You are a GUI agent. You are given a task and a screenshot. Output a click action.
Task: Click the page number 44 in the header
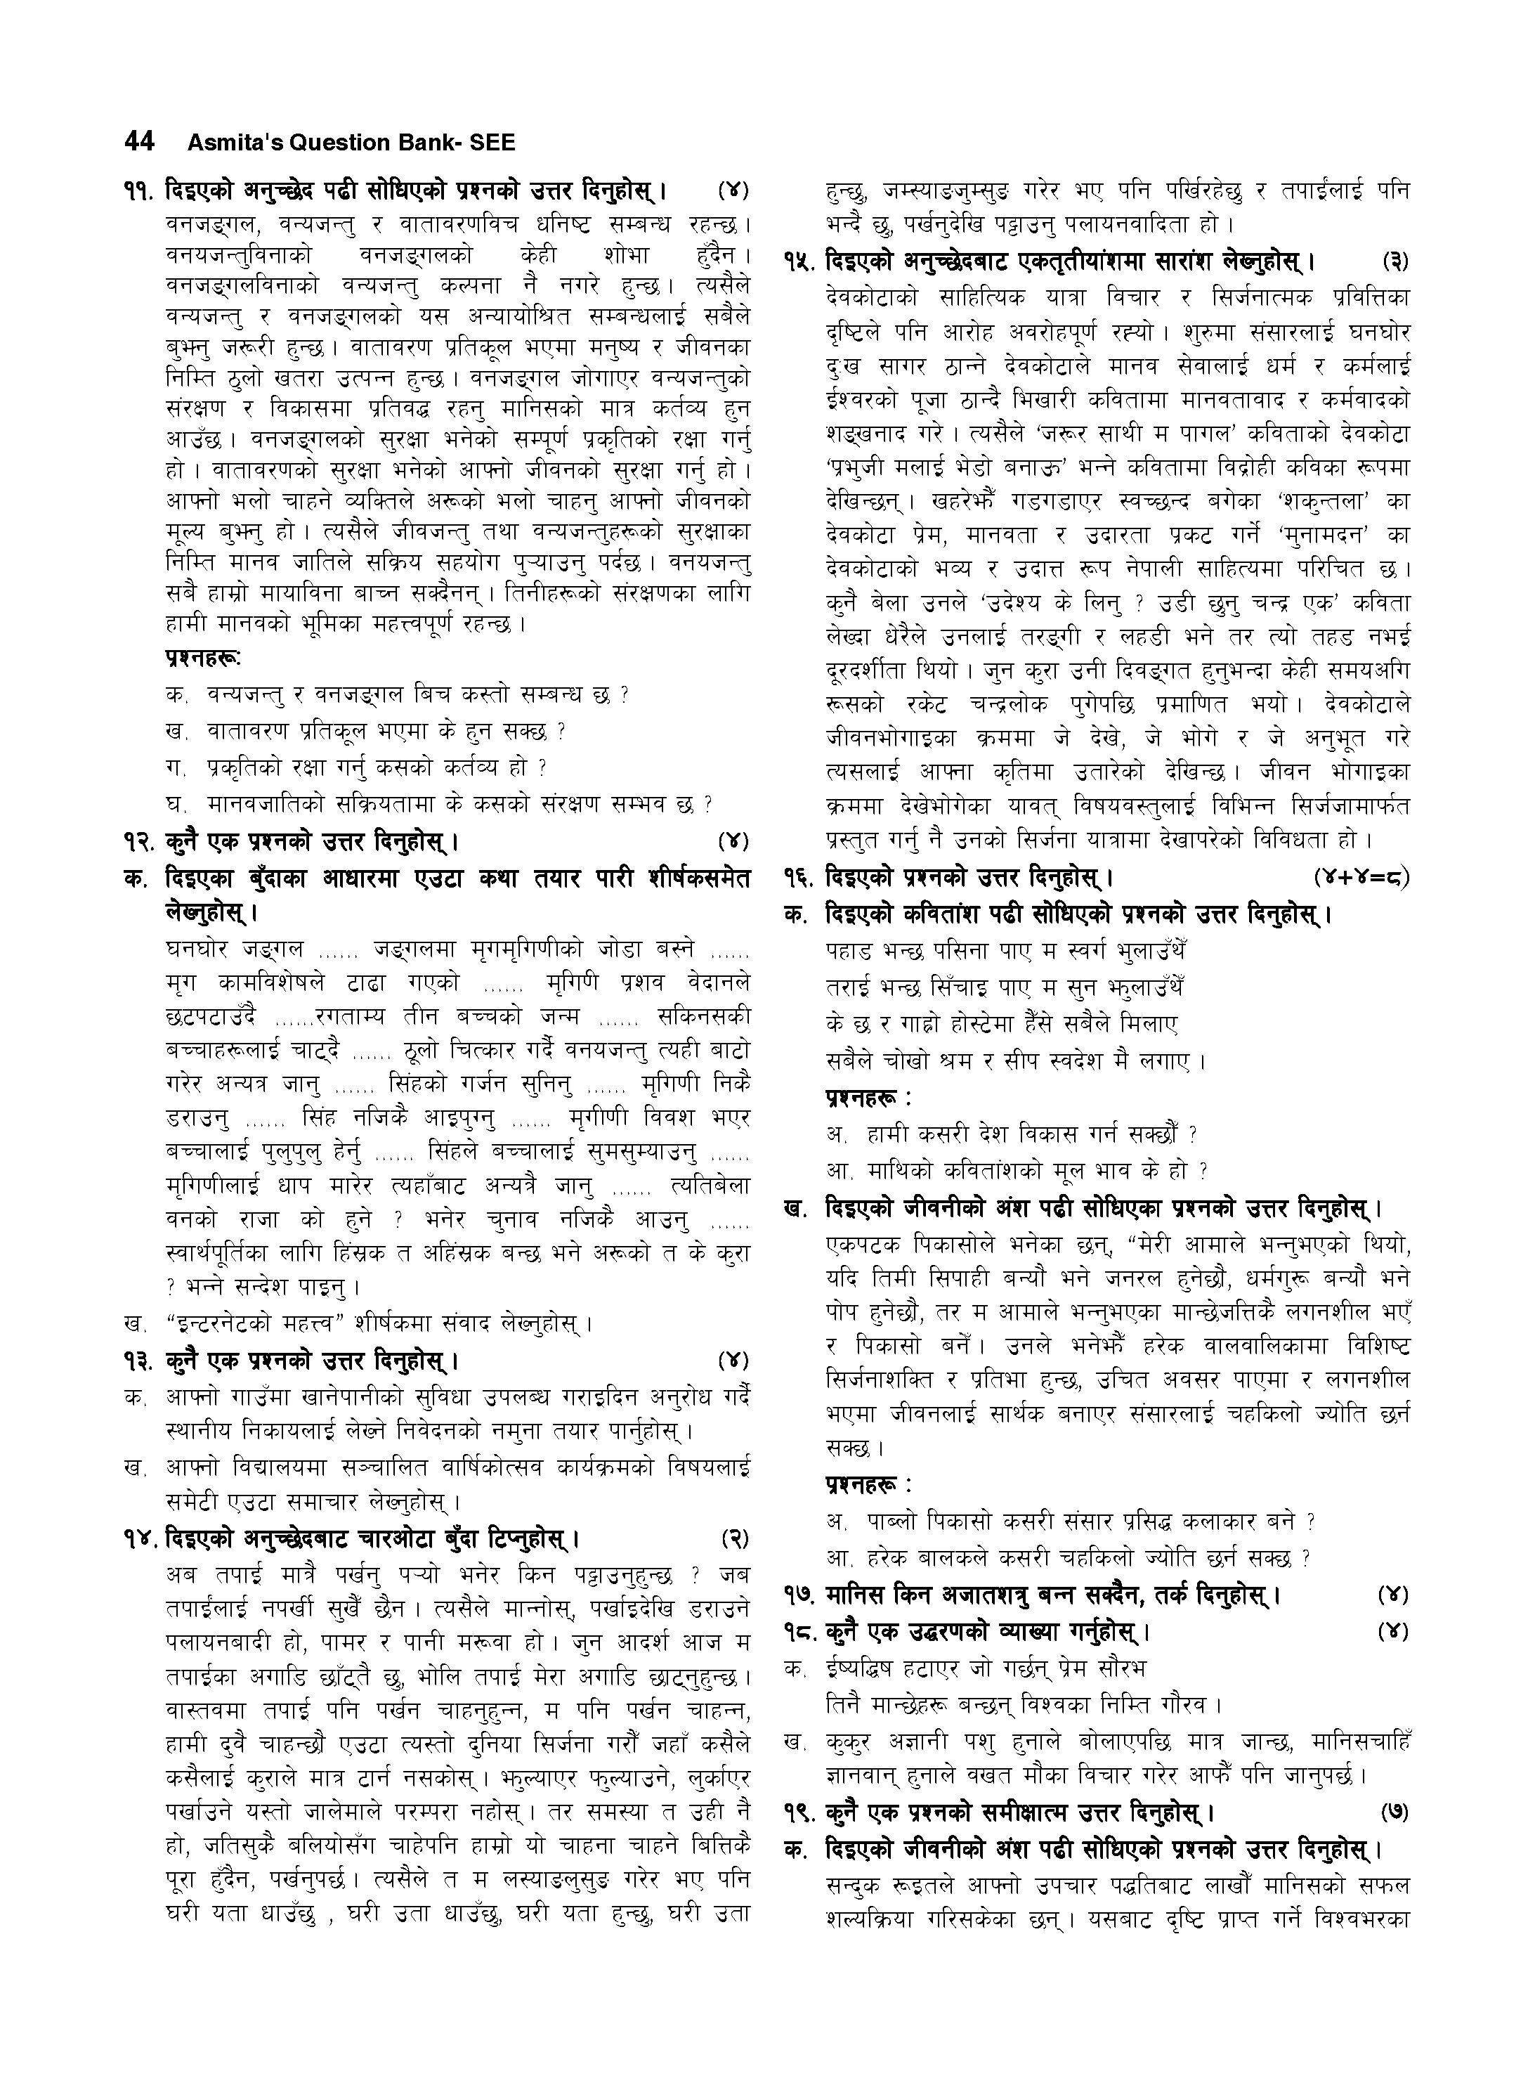coord(138,141)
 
